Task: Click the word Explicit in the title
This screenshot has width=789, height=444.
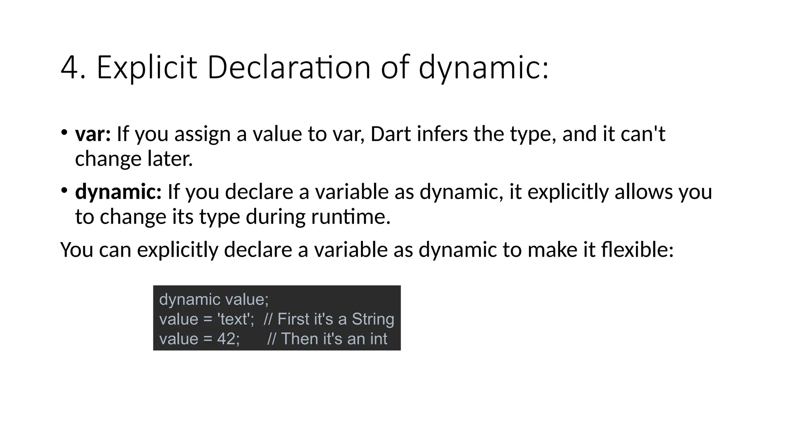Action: click(x=146, y=68)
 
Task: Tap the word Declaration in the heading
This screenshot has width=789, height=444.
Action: click(x=289, y=68)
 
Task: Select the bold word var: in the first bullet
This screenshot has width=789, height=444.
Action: click(x=93, y=134)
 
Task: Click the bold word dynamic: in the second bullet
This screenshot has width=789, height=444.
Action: click(x=118, y=192)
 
